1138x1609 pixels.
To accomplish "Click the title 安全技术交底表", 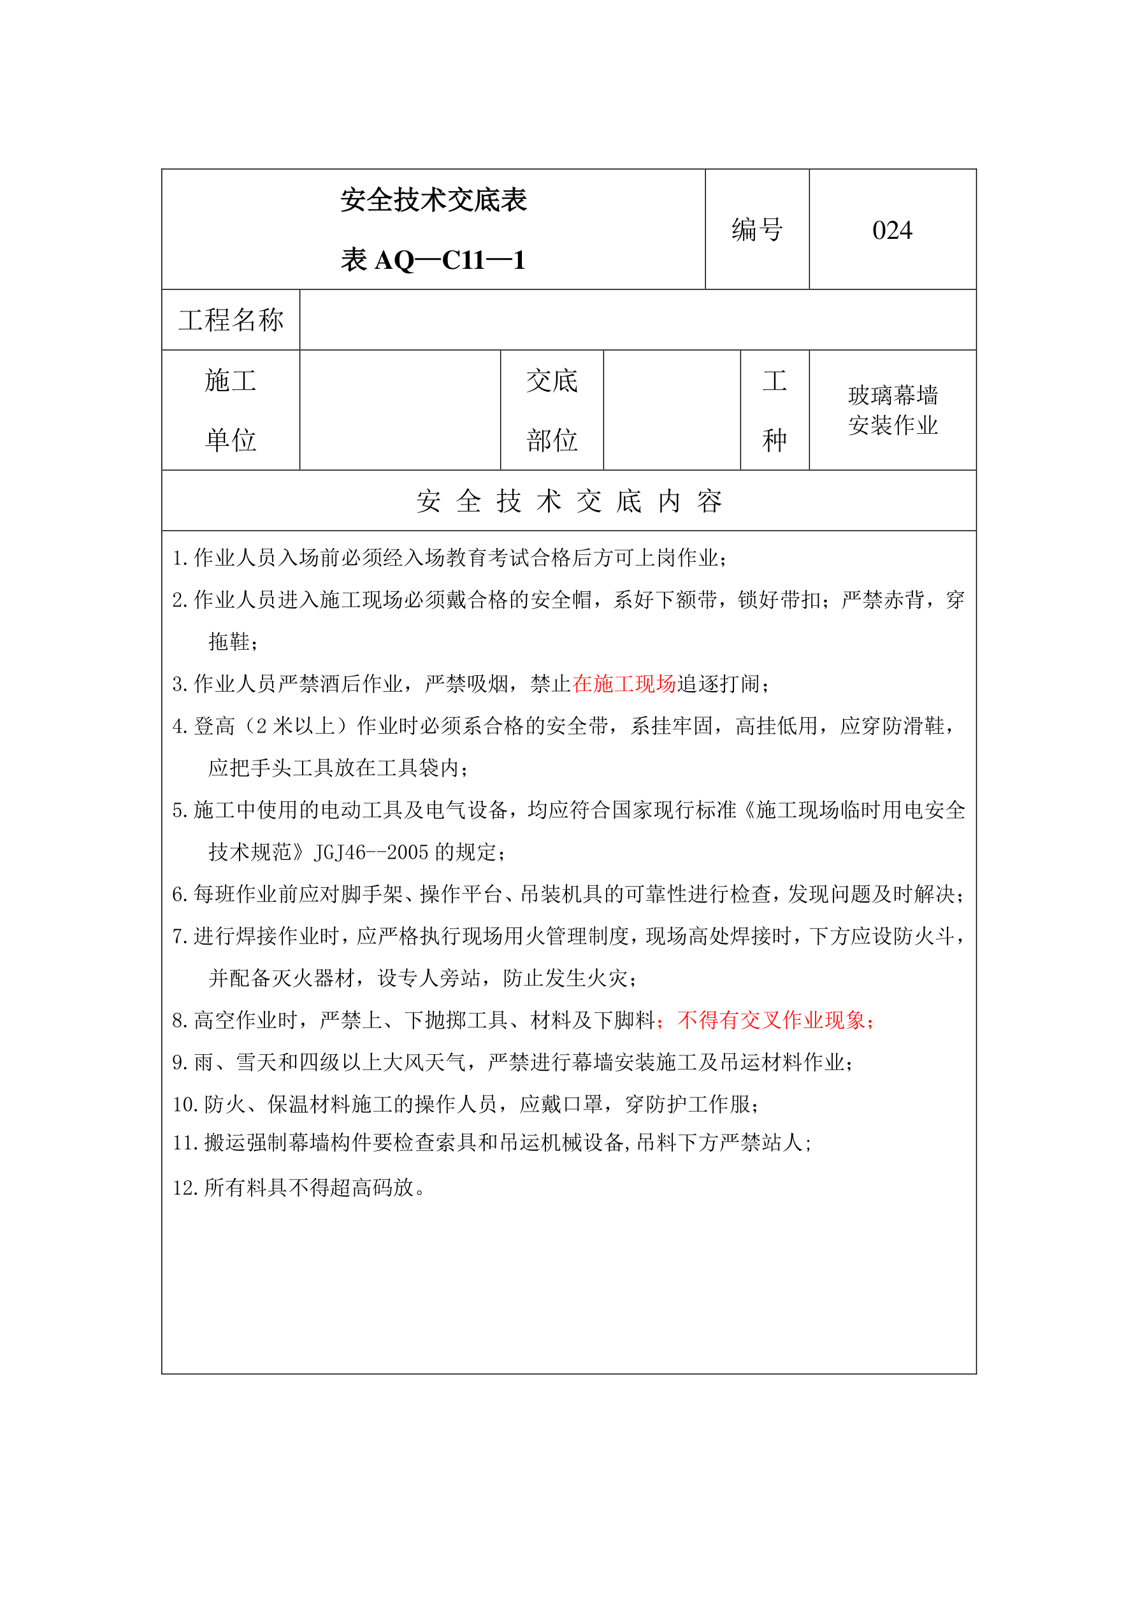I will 433,200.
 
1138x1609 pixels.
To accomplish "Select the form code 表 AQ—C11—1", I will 433,260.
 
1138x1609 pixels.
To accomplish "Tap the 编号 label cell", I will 756,230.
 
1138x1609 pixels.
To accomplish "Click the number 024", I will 892,230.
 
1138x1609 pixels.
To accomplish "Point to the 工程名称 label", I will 231,320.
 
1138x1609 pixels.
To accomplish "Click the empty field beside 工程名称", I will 637,320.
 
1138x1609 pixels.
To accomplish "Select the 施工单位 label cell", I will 231,410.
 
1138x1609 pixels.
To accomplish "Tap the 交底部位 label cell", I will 552,410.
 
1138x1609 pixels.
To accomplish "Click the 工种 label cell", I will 774,410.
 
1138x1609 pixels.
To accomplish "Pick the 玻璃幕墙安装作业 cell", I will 892,410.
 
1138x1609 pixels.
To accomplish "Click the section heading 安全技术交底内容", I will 568,501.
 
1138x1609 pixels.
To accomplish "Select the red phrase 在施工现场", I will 623,684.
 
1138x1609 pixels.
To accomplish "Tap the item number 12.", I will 184,1188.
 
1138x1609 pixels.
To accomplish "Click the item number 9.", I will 179,1062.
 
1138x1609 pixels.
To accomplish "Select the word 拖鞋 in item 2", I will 229,641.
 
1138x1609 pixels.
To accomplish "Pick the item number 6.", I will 179,894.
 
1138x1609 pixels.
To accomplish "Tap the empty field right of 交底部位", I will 672,410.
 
